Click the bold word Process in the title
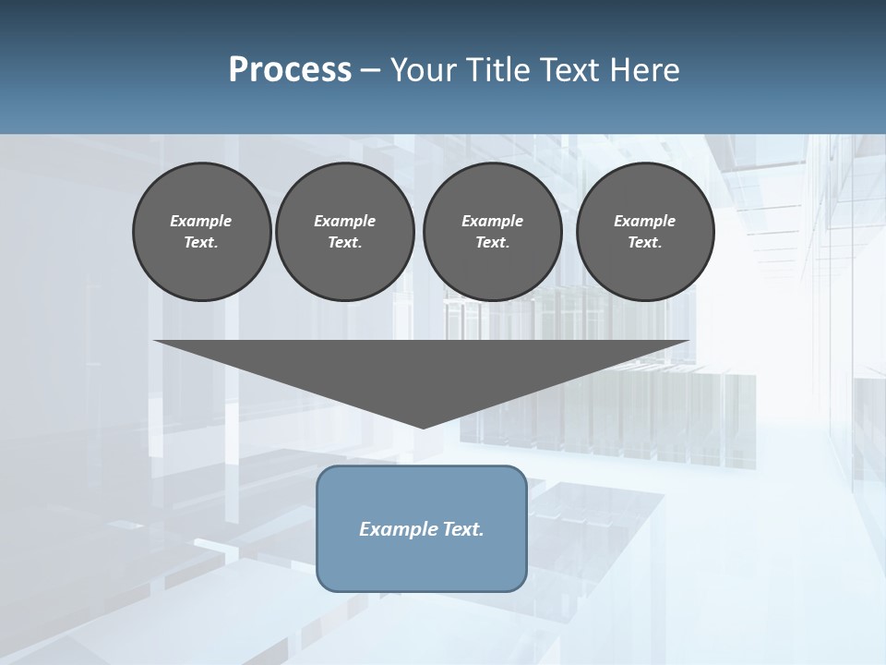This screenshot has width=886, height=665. pos(290,70)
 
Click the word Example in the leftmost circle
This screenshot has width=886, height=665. pos(201,221)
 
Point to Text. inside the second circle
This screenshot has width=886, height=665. pos(344,242)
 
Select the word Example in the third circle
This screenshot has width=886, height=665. pos(492,221)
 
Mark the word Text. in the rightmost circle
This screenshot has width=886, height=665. pos(644,242)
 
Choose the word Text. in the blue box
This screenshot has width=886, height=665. pos(461,529)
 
